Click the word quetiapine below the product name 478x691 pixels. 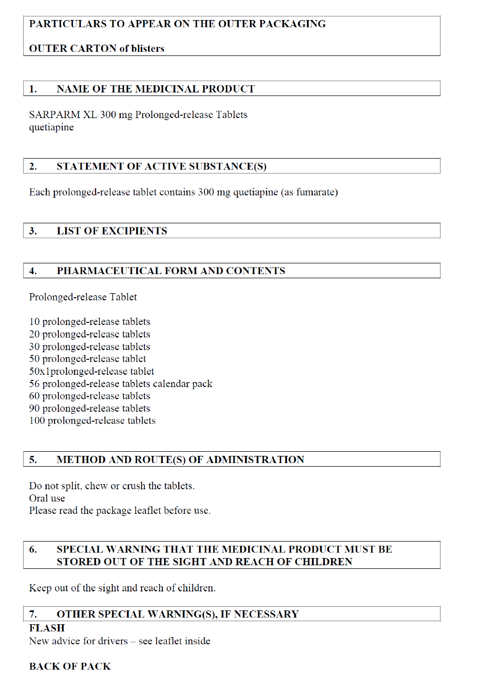coord(51,127)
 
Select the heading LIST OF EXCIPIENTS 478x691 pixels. coord(112,231)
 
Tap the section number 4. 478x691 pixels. coord(33,271)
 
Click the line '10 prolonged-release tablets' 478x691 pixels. coord(90,322)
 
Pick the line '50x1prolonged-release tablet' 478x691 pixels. coord(91,371)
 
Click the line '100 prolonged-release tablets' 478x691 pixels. coord(92,420)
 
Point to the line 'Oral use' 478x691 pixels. coord(47,498)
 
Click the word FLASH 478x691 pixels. coord(47,628)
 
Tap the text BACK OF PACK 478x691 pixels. coord(70,666)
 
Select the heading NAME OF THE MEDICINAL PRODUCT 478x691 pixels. coord(156,89)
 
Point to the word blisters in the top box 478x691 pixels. coord(148,49)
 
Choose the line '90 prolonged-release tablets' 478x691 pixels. coord(90,408)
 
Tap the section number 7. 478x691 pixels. coord(33,614)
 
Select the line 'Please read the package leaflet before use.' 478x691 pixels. coord(120,510)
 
